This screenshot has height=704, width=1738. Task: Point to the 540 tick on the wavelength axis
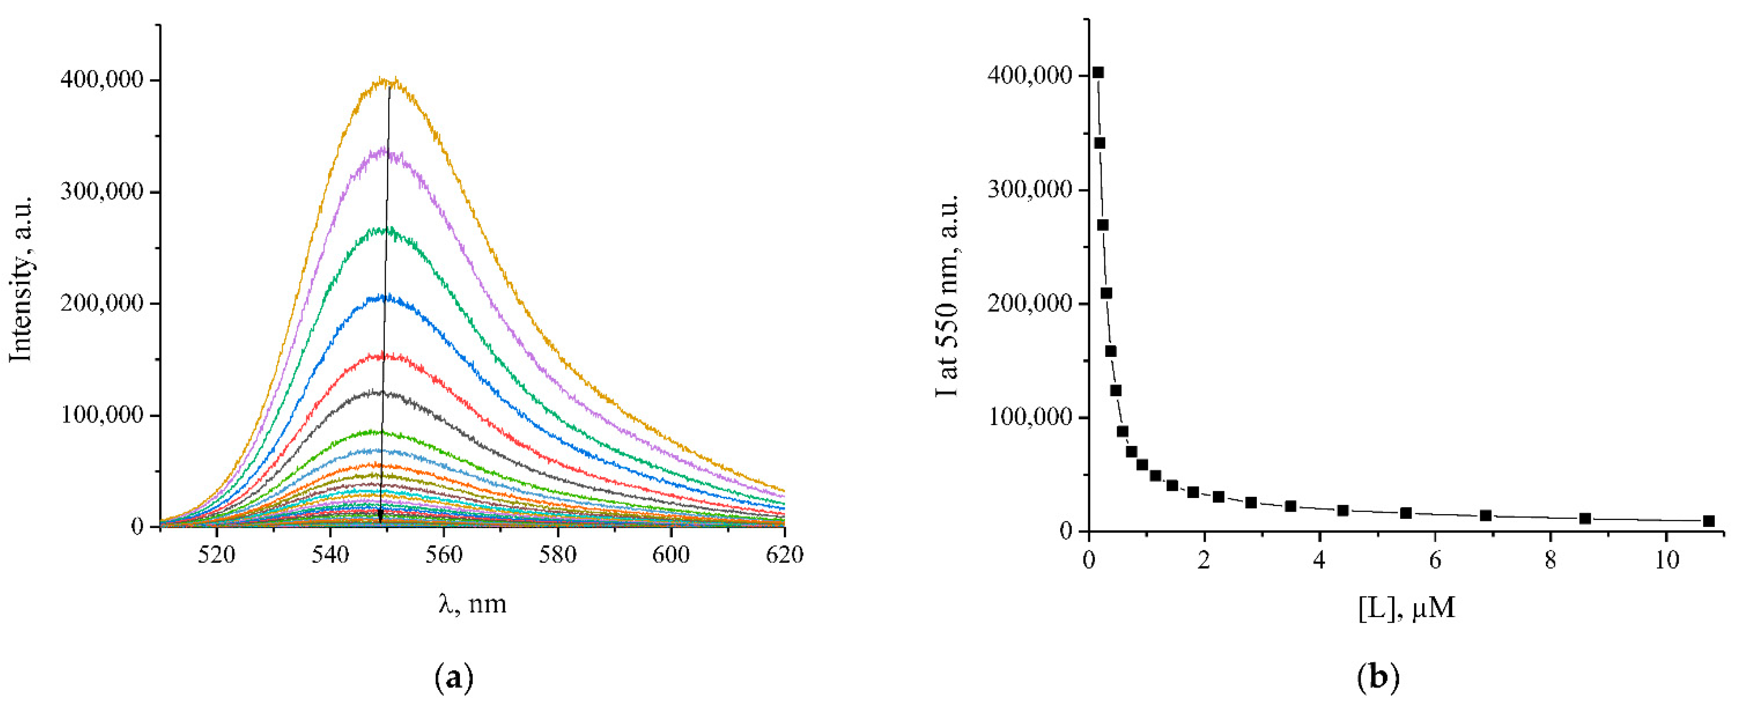click(331, 554)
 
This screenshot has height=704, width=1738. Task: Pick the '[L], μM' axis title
click(1407, 607)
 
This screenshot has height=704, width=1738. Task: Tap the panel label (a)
click(454, 677)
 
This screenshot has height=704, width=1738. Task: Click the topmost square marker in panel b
click(1098, 73)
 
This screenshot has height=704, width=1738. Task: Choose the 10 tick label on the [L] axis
click(1666, 560)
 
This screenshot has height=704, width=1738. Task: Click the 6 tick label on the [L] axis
click(1435, 560)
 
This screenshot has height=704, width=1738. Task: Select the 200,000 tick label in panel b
click(1030, 303)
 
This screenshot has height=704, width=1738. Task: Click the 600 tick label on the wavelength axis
click(671, 554)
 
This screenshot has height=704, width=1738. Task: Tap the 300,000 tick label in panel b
click(1030, 189)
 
